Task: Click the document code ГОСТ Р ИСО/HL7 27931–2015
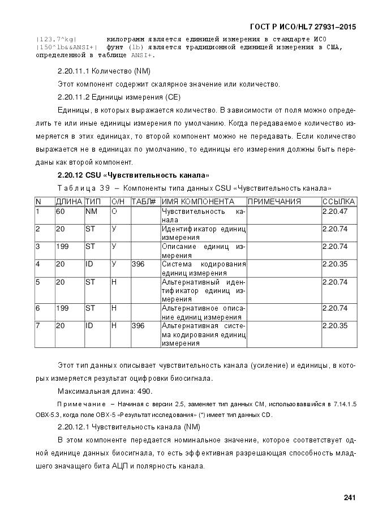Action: coord(303,27)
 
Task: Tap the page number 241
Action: coord(349,497)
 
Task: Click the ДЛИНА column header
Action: coord(69,201)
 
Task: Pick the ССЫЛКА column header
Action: coord(338,201)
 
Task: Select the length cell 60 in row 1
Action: coord(60,211)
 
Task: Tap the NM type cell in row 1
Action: coord(91,211)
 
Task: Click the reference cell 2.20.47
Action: coord(334,211)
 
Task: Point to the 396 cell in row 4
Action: coord(138,264)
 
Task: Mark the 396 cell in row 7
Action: coord(138,325)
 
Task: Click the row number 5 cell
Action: coord(38,281)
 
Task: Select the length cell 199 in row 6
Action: coord(62,308)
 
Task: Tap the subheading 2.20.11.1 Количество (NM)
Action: coord(103,71)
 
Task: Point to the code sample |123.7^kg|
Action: coord(56,39)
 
